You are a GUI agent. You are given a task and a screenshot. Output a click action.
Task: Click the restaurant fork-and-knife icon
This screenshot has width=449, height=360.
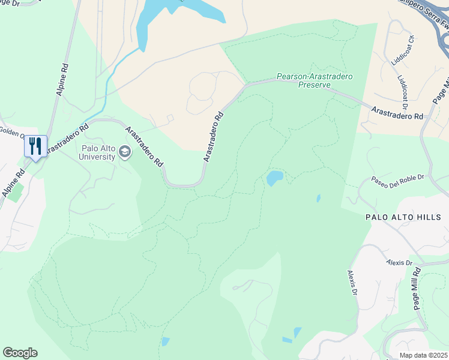pyautogui.click(x=35, y=146)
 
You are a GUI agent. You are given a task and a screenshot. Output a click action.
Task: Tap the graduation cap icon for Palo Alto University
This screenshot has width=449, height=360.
pyautogui.click(x=125, y=152)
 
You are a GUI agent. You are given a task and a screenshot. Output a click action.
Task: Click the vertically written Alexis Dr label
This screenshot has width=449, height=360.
pyautogui.click(x=352, y=283)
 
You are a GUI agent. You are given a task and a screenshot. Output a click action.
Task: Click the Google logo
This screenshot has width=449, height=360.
pyautogui.click(x=20, y=353)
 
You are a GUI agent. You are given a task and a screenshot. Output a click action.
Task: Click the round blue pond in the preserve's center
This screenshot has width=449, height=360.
pyautogui.click(x=274, y=178)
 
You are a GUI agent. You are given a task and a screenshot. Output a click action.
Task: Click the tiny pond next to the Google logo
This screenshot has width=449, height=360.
pyautogui.click(x=165, y=342)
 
